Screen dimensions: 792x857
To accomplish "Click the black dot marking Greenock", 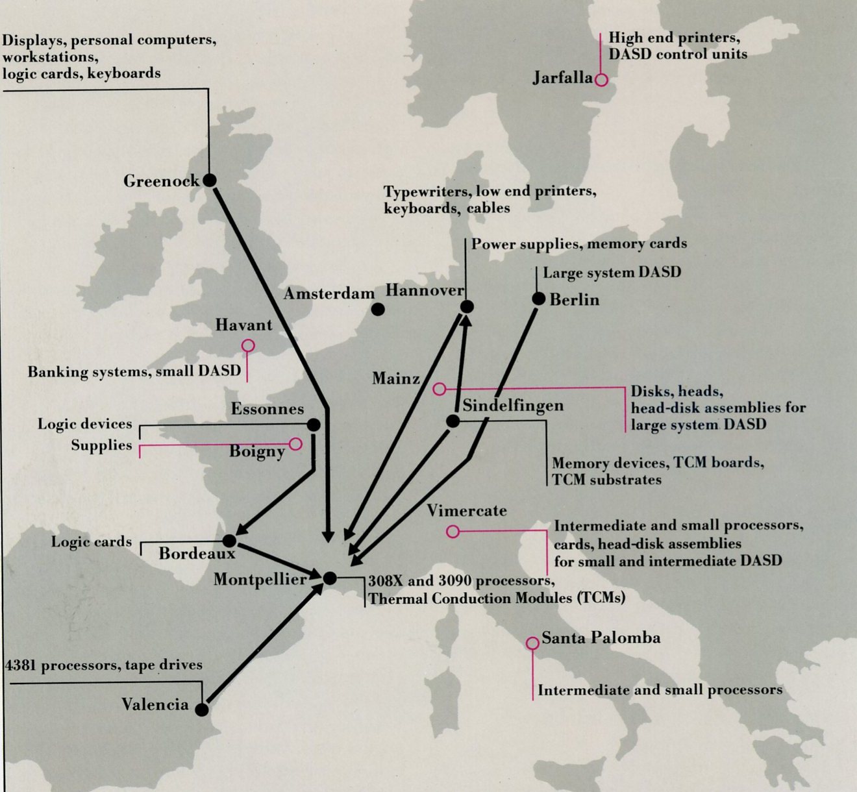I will coord(209,180).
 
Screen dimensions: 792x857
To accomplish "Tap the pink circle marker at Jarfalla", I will coord(601,80).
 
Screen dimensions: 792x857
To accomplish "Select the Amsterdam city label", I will coord(329,294).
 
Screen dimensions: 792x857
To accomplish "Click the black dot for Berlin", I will coord(538,299).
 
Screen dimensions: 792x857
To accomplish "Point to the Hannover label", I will coord(425,290).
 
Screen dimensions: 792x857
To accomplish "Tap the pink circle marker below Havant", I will coord(248,345).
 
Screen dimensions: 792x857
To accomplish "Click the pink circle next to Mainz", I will coord(440,389).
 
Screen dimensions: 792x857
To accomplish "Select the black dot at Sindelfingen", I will coord(453,421).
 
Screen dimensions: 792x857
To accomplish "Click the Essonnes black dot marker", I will coord(314,425).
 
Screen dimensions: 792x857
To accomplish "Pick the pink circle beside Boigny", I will coord(295,444).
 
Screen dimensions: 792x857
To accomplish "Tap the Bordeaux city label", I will coord(197,553).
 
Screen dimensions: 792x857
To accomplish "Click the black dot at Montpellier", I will coord(330,578).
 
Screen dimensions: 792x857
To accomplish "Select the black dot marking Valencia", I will coord(202,710).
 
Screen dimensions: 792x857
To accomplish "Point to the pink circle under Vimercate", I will coord(453,532).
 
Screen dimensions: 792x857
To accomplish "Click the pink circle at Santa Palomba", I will coord(532,643).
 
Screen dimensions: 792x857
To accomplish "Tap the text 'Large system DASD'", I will coord(612,273).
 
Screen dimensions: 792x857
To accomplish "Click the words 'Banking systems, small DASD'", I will coord(134,372).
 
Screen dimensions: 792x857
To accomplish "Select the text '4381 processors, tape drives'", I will coord(104,665).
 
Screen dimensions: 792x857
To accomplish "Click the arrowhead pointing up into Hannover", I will coord(465,320).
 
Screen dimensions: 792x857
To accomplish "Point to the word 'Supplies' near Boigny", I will coord(101,445).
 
